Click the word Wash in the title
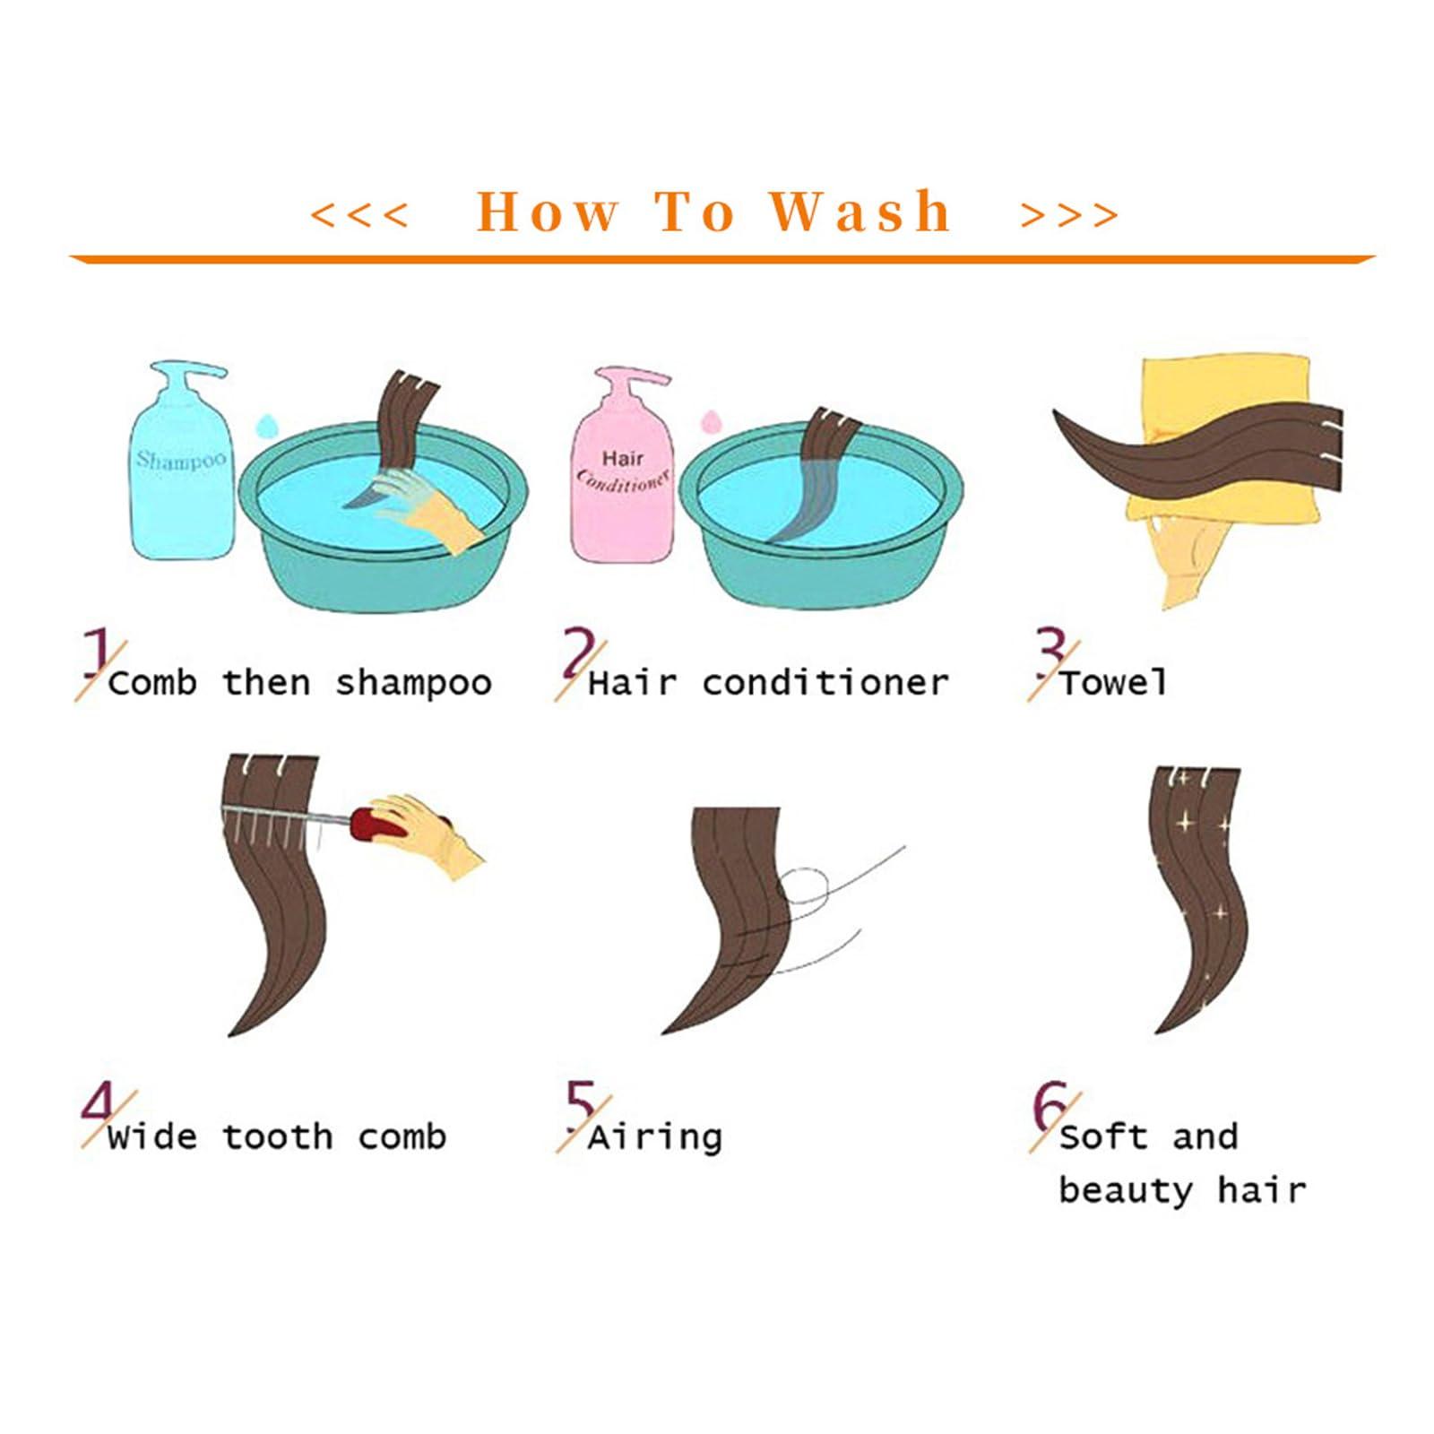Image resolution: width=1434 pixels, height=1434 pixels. pyautogui.click(x=861, y=212)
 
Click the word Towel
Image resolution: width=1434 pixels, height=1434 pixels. pyautogui.click(x=1114, y=682)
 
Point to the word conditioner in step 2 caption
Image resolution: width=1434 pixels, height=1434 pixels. pyautogui.click(x=825, y=682)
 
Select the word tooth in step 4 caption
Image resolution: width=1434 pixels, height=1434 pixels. pyautogui.click(x=278, y=1136)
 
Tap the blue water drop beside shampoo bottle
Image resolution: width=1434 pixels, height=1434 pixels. pyautogui.click(x=265, y=423)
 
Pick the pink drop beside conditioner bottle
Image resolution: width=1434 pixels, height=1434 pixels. pyautogui.click(x=711, y=419)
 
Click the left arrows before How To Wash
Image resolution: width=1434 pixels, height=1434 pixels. pyautogui.click(x=359, y=215)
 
